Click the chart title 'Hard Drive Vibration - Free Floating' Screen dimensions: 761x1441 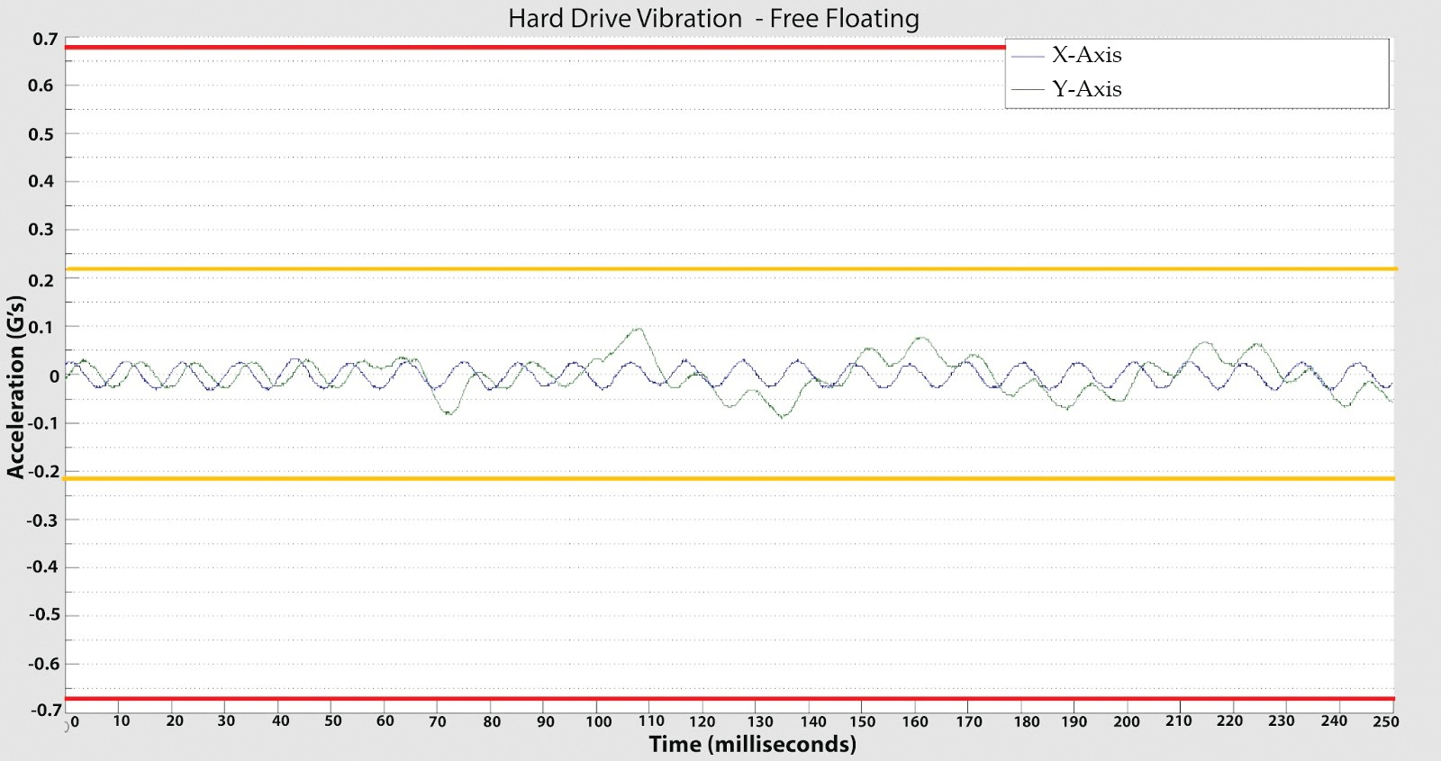[x=713, y=19]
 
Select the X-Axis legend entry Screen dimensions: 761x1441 [x=1086, y=56]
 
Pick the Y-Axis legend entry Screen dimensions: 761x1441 [x=1086, y=89]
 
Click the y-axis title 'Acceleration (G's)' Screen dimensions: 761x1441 [x=15, y=386]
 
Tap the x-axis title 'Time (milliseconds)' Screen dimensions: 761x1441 [x=752, y=745]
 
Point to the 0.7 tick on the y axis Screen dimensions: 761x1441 [x=45, y=40]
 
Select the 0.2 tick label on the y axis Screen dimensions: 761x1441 [x=41, y=280]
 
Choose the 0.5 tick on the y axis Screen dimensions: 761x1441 [x=41, y=134]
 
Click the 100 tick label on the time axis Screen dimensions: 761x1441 [x=598, y=721]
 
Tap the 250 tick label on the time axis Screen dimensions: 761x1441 [x=1385, y=721]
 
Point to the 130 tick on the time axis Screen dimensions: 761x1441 [x=760, y=721]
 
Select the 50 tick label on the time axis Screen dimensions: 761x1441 [x=333, y=721]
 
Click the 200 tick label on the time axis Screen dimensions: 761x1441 [x=1126, y=721]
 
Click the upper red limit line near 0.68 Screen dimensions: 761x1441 [x=540, y=47]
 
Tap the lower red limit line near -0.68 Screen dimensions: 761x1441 [x=720, y=698]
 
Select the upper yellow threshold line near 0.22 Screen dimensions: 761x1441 [x=720, y=268]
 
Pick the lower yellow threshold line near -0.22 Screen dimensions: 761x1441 [x=720, y=478]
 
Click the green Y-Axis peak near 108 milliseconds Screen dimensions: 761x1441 [x=639, y=329]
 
